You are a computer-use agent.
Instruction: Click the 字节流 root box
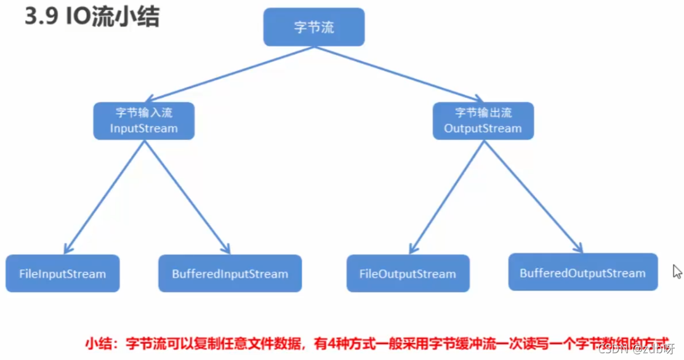[x=314, y=28]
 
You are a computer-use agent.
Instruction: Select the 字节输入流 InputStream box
[x=144, y=121]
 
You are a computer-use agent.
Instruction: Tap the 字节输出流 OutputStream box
[x=483, y=121]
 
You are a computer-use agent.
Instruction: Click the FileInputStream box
[x=63, y=274]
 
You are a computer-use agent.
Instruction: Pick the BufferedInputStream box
[x=230, y=274]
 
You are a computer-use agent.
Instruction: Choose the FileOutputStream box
[x=408, y=274]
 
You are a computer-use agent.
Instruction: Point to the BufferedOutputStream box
[x=582, y=273]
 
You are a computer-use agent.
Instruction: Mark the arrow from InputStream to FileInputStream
[x=105, y=194]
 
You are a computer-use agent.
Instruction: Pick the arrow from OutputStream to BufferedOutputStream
[x=533, y=194]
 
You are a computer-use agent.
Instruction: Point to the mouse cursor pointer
[x=677, y=271]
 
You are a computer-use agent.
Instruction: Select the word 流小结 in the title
[x=126, y=17]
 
